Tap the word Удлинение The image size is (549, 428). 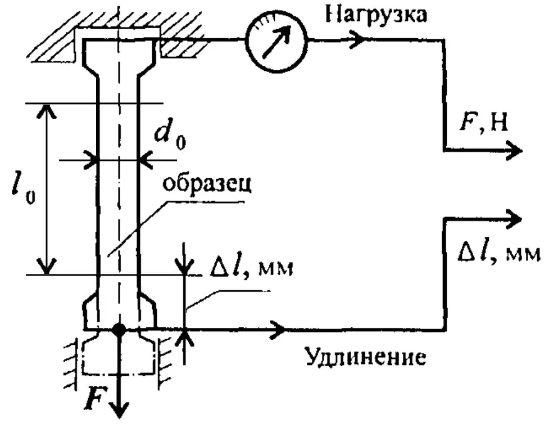(366, 357)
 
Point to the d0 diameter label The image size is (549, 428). (170, 136)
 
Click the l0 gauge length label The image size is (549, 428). (23, 187)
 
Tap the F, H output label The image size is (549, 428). (484, 123)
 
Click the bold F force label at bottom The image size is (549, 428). (94, 399)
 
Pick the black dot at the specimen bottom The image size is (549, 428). (119, 330)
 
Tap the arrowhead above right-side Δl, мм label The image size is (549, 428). (513, 219)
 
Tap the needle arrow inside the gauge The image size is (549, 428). (276, 42)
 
